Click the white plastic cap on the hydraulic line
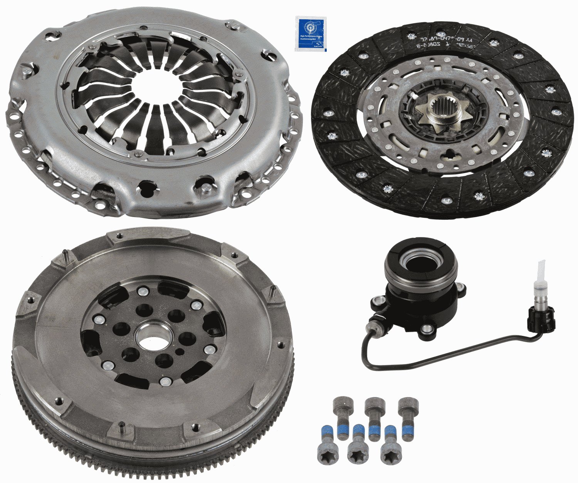[x=540, y=270]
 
